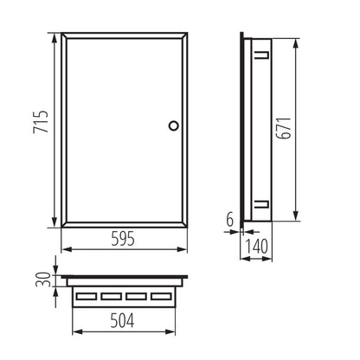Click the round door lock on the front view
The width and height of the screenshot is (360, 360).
pyautogui.click(x=173, y=125)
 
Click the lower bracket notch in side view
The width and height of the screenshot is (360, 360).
pyautogui.click(x=258, y=205)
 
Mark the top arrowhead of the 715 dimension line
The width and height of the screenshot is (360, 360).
pyautogui.click(x=58, y=36)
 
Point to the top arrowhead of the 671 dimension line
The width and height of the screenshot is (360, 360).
pyautogui.click(x=297, y=39)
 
